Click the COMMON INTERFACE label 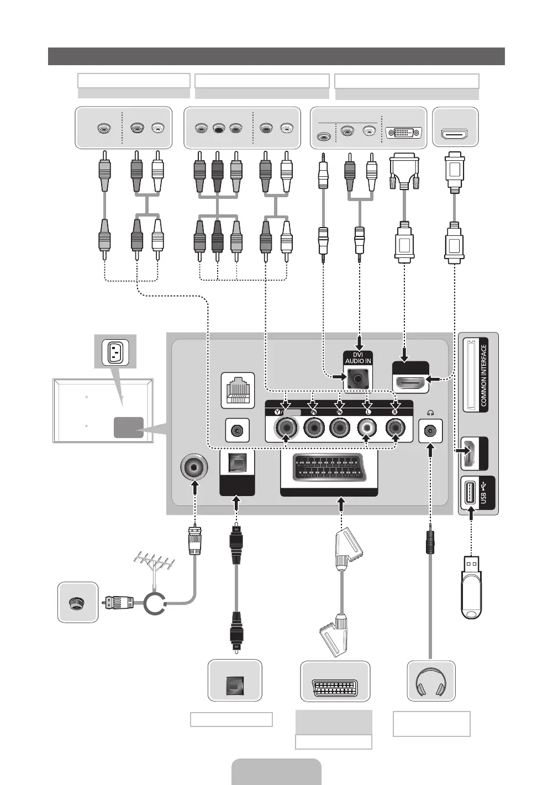pos(483,376)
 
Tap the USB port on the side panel pos(469,493)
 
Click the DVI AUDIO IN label pos(358,358)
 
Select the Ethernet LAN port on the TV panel pos(238,390)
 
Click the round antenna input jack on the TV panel pos(194,467)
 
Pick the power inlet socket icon pos(115,351)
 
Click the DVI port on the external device pos(404,133)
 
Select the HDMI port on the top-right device pos(455,134)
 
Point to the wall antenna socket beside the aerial pos(78,602)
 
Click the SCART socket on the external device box pos(335,687)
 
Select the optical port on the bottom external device pos(234,686)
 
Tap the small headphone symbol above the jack pos(430,413)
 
